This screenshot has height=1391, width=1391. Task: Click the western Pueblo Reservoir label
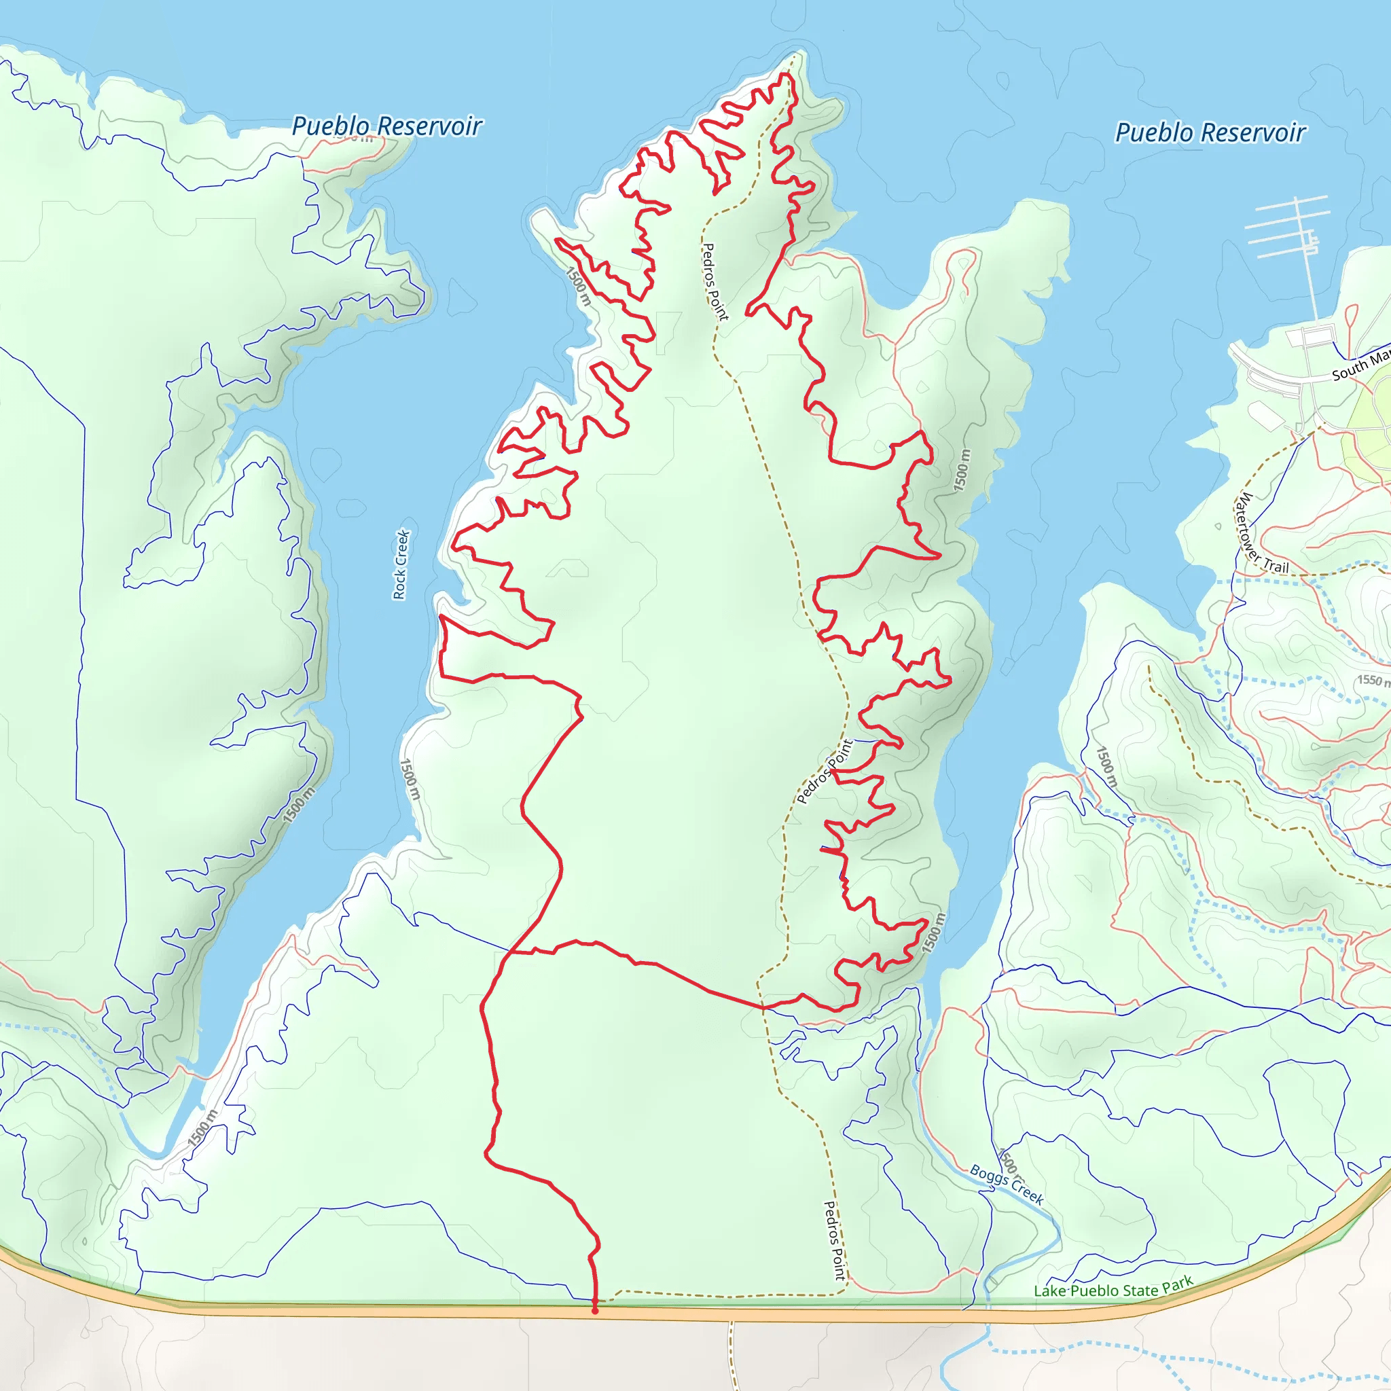point(386,126)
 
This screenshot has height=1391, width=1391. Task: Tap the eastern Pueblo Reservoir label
point(1210,132)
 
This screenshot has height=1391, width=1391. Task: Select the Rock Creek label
point(401,564)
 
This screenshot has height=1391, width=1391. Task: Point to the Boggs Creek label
point(1007,1185)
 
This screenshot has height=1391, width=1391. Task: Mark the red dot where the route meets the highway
point(595,1310)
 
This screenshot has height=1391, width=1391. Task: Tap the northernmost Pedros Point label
point(715,281)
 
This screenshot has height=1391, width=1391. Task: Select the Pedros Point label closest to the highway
point(834,1240)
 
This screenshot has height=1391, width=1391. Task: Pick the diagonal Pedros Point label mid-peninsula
point(825,771)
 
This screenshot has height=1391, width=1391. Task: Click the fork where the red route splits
point(510,952)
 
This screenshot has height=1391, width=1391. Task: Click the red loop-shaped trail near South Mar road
point(1352,317)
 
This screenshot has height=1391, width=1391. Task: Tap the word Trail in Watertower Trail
point(1276,566)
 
